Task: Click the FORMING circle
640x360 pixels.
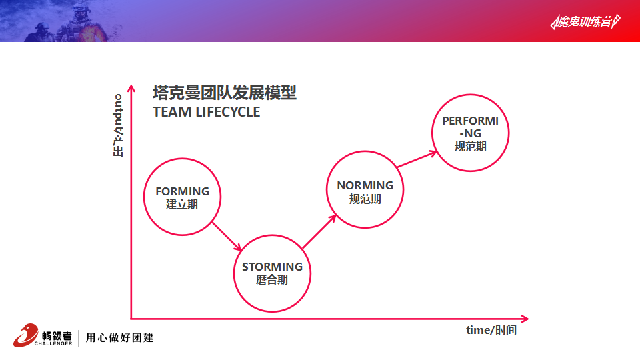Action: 145,197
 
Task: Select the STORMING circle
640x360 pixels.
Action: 234,273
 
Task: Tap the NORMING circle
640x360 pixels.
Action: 327,189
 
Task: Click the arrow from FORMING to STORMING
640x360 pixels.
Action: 227,236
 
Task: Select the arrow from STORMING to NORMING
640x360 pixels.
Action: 319,231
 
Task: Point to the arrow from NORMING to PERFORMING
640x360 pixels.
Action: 417,159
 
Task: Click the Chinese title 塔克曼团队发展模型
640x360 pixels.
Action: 225,93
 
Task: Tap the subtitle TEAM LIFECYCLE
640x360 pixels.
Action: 206,112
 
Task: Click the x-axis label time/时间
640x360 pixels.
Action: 491,330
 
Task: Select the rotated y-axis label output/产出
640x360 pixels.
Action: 118,125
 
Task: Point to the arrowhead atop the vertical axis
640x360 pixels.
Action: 131,88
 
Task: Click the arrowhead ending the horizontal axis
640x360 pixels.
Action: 525,319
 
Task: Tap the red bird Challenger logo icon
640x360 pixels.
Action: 25,335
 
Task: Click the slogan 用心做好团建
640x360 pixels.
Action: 119,337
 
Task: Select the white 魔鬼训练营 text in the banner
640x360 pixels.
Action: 585,21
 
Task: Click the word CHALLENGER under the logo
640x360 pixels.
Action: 53,344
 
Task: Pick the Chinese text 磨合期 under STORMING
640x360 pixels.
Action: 272,280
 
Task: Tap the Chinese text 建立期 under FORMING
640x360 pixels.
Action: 182,204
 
